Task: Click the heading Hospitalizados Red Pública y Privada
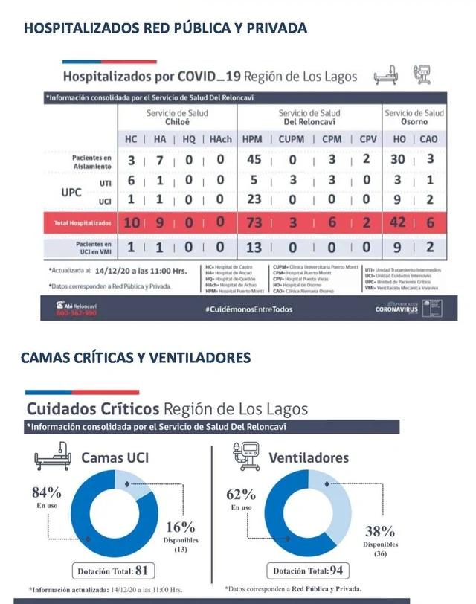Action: coord(165,29)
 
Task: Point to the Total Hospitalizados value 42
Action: coord(399,222)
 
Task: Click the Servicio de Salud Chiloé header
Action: coord(177,118)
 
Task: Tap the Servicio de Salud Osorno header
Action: coord(414,118)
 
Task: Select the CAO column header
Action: coord(429,139)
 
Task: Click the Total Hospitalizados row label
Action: coord(82,222)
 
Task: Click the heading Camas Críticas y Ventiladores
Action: coord(135,358)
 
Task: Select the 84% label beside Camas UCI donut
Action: coord(46,492)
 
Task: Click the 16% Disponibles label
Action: coord(181,527)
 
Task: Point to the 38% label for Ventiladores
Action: coord(380,531)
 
